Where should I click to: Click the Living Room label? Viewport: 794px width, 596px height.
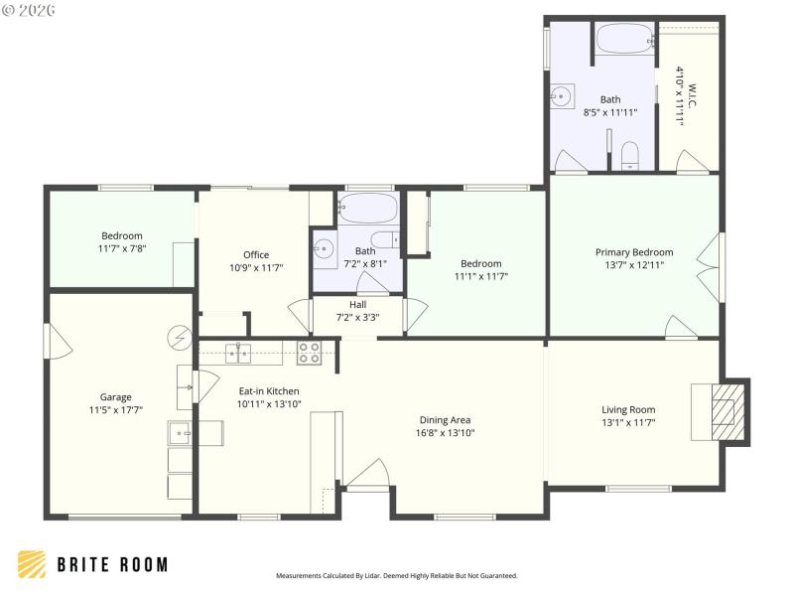click(x=628, y=409)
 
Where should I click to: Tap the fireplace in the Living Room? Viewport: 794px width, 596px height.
click(x=728, y=409)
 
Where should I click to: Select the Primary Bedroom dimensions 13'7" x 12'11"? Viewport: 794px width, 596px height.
click(x=633, y=265)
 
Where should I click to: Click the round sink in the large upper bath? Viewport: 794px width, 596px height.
click(x=562, y=97)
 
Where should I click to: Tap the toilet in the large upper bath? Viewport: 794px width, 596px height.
click(x=628, y=154)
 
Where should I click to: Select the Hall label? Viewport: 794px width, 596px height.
click(x=357, y=305)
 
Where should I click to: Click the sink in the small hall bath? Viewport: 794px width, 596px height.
click(x=323, y=249)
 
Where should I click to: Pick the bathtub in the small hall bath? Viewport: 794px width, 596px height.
click(x=368, y=210)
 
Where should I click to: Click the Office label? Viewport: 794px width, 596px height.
click(x=256, y=254)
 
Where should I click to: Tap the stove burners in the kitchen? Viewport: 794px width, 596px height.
click(x=310, y=351)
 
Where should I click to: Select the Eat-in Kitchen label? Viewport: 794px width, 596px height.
click(x=268, y=391)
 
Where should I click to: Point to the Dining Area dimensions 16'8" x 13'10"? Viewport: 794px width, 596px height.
click(x=445, y=432)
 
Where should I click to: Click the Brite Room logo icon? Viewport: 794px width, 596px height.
click(x=31, y=564)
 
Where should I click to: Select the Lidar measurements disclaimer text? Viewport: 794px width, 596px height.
click(x=396, y=575)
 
